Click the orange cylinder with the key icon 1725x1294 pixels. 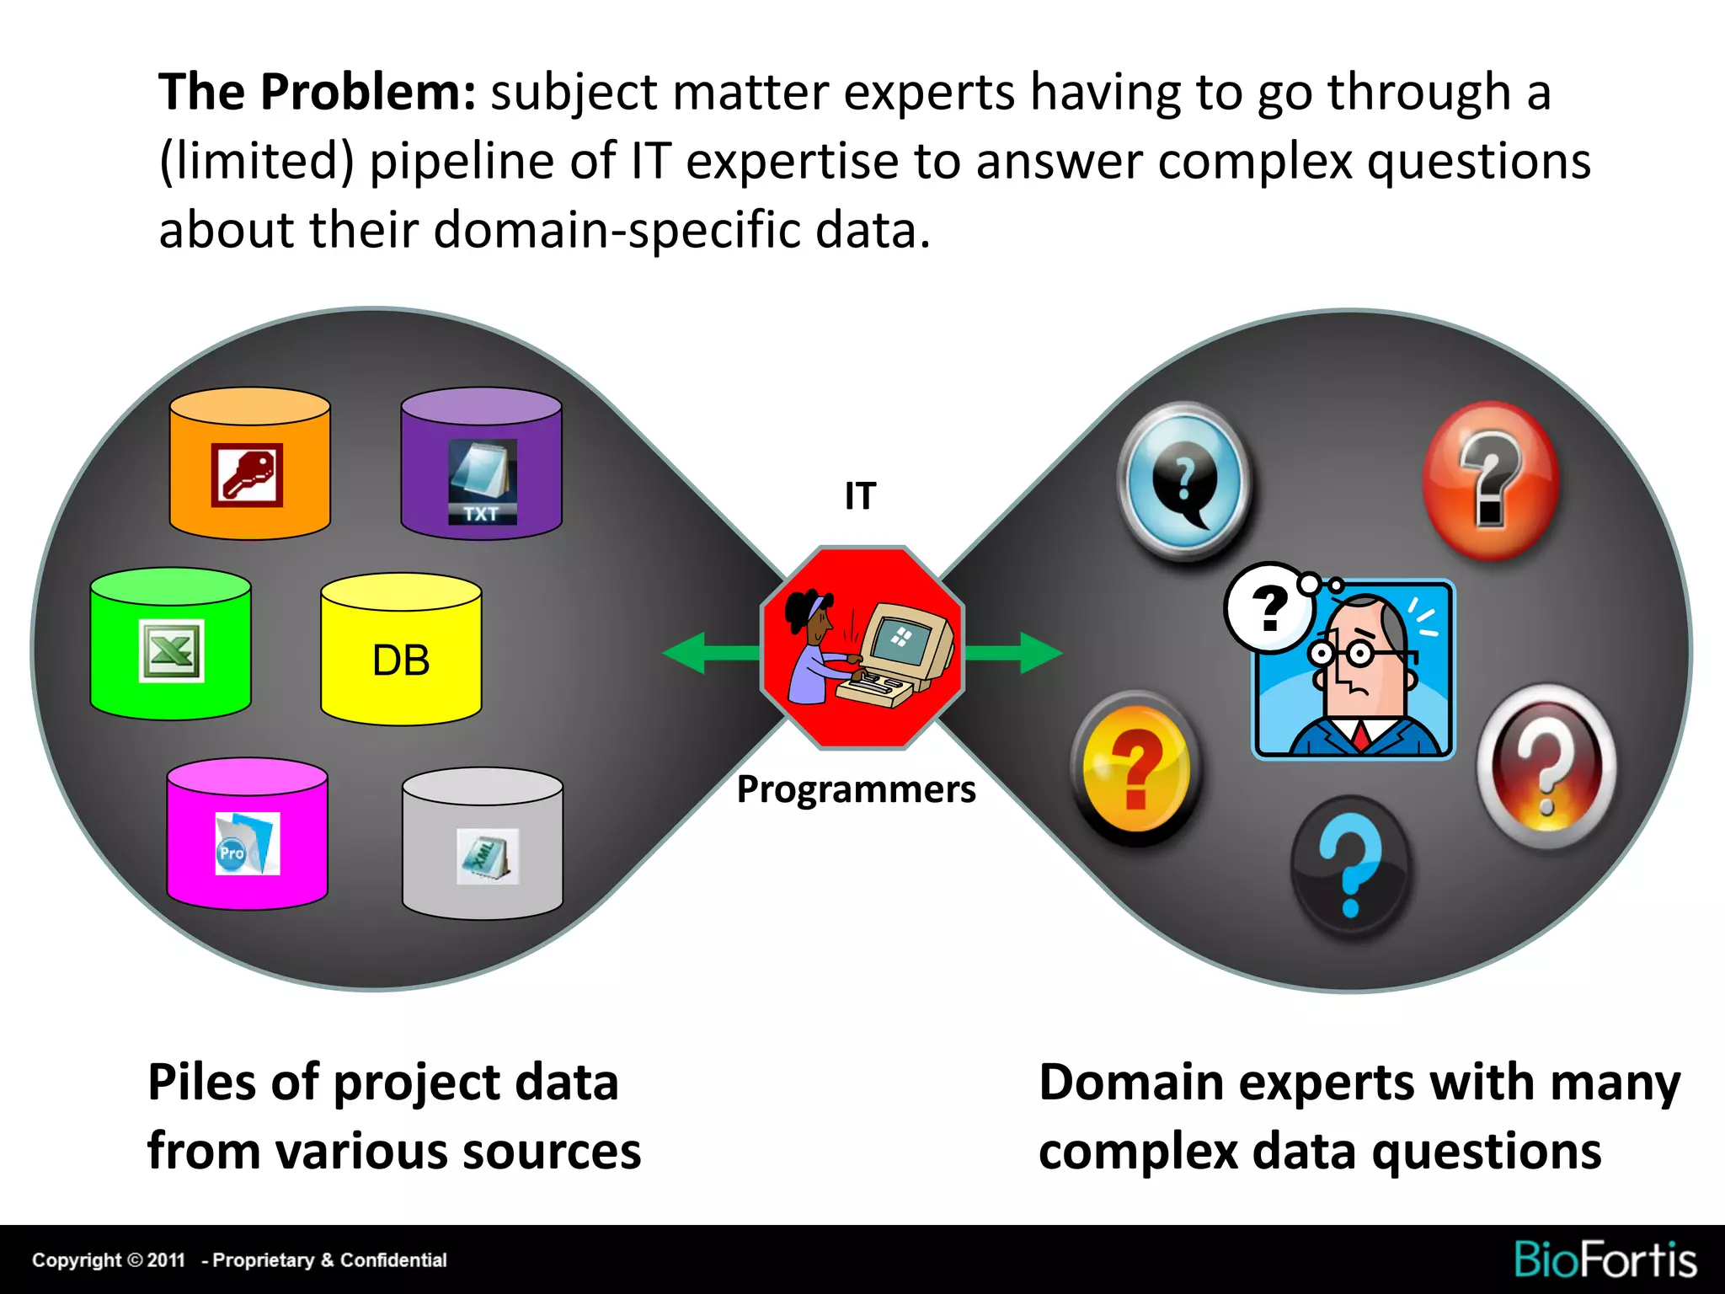(249, 463)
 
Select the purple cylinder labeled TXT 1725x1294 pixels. (481, 463)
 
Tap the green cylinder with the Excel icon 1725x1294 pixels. (170, 644)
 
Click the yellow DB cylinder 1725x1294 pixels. (401, 650)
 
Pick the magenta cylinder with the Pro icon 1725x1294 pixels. (247, 834)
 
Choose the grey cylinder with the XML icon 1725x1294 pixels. (482, 843)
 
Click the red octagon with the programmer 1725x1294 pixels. (862, 648)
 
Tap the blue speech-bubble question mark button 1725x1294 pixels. (1184, 479)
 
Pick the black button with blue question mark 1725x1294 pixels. (1350, 867)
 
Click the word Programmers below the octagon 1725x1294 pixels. (856, 789)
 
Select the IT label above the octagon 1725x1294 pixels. (860, 495)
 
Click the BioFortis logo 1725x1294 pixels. (1605, 1259)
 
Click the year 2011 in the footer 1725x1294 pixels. (166, 1260)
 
